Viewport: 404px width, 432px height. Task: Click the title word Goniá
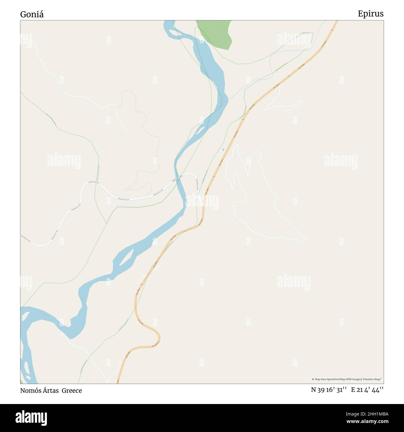pos(32,14)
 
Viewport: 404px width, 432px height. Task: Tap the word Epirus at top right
pos(370,14)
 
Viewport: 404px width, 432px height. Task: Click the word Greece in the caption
pos(72,390)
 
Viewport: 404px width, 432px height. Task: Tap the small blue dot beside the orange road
pos(223,150)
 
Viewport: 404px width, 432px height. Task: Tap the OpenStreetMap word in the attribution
pos(337,379)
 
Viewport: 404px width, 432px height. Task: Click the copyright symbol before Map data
pos(313,379)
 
